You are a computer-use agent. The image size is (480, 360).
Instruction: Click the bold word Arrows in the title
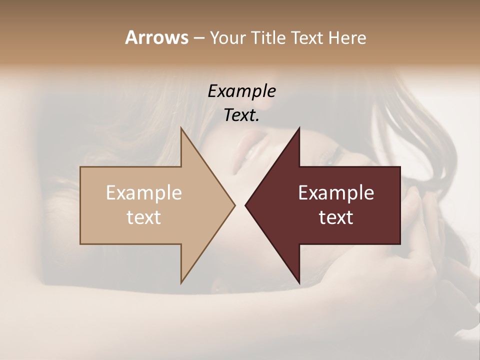pos(156,37)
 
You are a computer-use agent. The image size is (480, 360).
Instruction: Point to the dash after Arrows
pos(198,38)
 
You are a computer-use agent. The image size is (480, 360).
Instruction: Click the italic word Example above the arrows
pos(241,91)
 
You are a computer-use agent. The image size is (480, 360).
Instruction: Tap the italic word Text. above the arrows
pos(241,115)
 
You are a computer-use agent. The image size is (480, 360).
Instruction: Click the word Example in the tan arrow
pos(144,193)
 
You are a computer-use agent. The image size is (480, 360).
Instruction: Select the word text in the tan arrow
pos(144,217)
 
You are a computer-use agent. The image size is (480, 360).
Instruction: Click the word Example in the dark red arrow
pos(336,193)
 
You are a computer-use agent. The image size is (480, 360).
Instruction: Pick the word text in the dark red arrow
pos(336,217)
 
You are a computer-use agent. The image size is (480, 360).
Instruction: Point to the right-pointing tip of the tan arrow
pos(234,205)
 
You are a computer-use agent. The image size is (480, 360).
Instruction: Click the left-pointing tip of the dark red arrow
pos(245,205)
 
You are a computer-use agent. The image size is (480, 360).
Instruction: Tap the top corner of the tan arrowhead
pos(181,128)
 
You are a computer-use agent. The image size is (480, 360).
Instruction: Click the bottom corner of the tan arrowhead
pos(181,282)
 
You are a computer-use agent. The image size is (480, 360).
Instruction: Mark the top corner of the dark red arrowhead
pos(299,128)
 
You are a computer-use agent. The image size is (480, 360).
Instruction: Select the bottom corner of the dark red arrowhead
pos(299,282)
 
